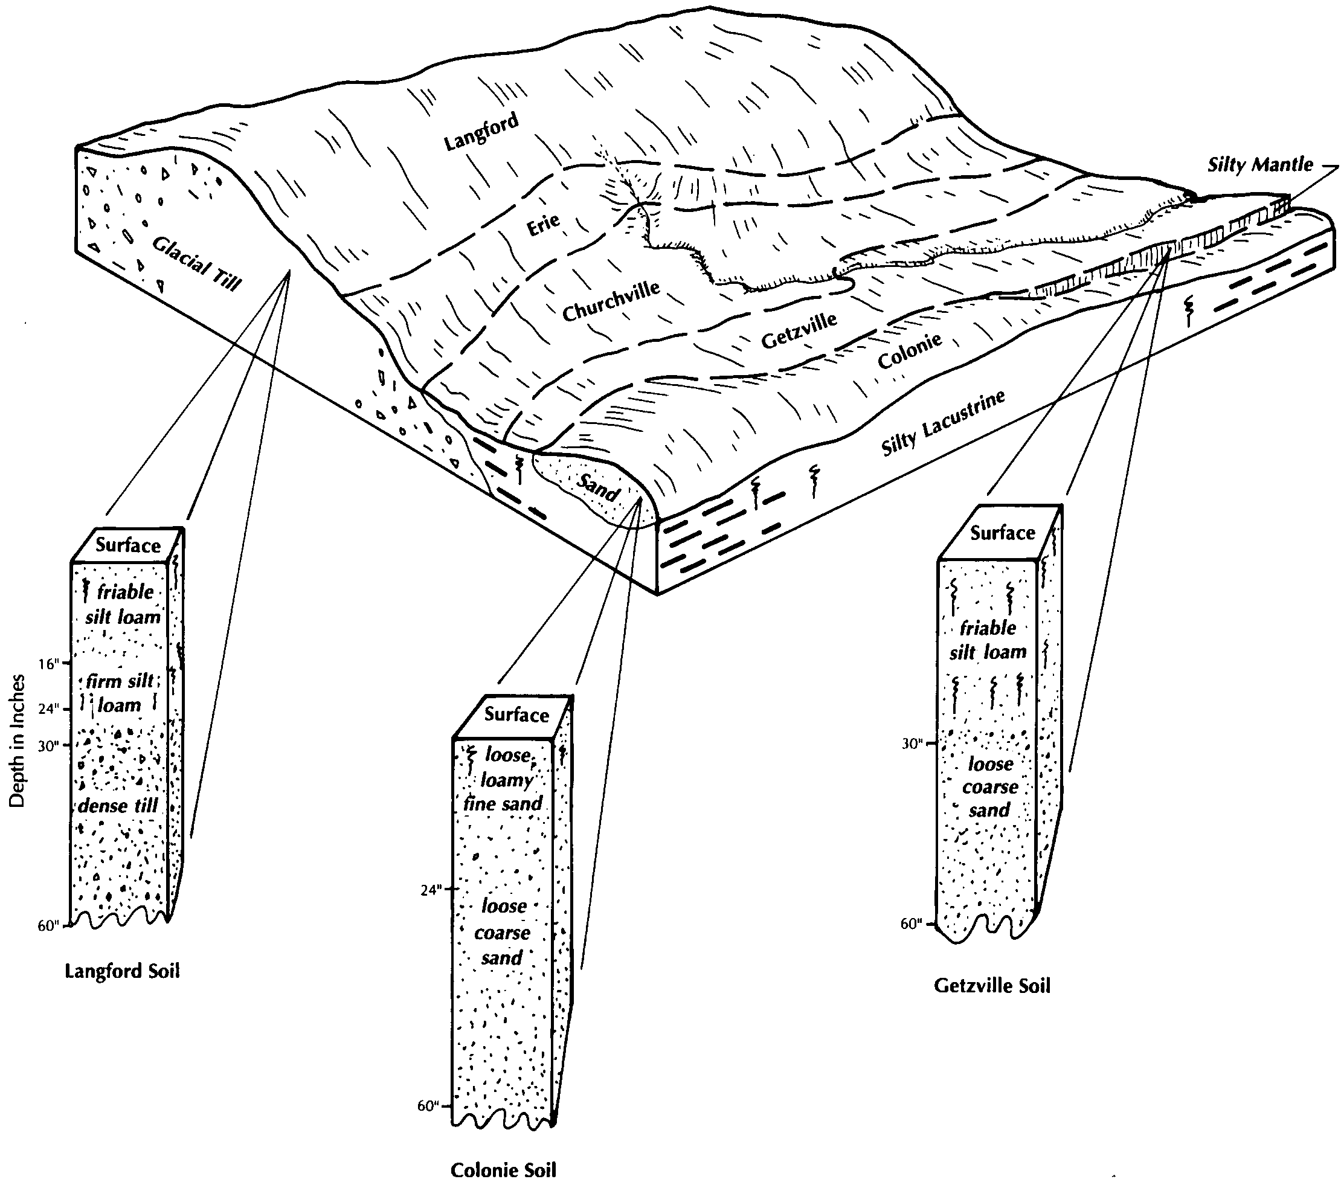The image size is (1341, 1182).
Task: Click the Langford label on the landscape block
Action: click(481, 131)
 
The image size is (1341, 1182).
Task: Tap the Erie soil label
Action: click(543, 224)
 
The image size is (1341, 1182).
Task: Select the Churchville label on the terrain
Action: click(611, 302)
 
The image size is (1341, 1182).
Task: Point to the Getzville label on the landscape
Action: click(799, 330)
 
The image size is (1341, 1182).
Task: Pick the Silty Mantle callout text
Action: click(1260, 165)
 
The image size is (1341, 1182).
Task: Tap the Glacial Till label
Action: click(197, 262)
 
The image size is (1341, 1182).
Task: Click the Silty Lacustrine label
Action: click(943, 422)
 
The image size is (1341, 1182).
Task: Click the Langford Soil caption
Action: click(122, 971)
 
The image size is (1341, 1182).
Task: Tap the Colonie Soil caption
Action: click(503, 1169)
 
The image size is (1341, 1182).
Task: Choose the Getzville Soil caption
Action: click(992, 986)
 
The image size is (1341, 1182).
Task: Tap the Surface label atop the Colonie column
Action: click(516, 715)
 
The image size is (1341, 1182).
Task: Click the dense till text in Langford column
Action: click(118, 805)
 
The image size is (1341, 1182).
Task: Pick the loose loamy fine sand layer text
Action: click(504, 779)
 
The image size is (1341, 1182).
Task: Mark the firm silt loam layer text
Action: click(120, 693)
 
